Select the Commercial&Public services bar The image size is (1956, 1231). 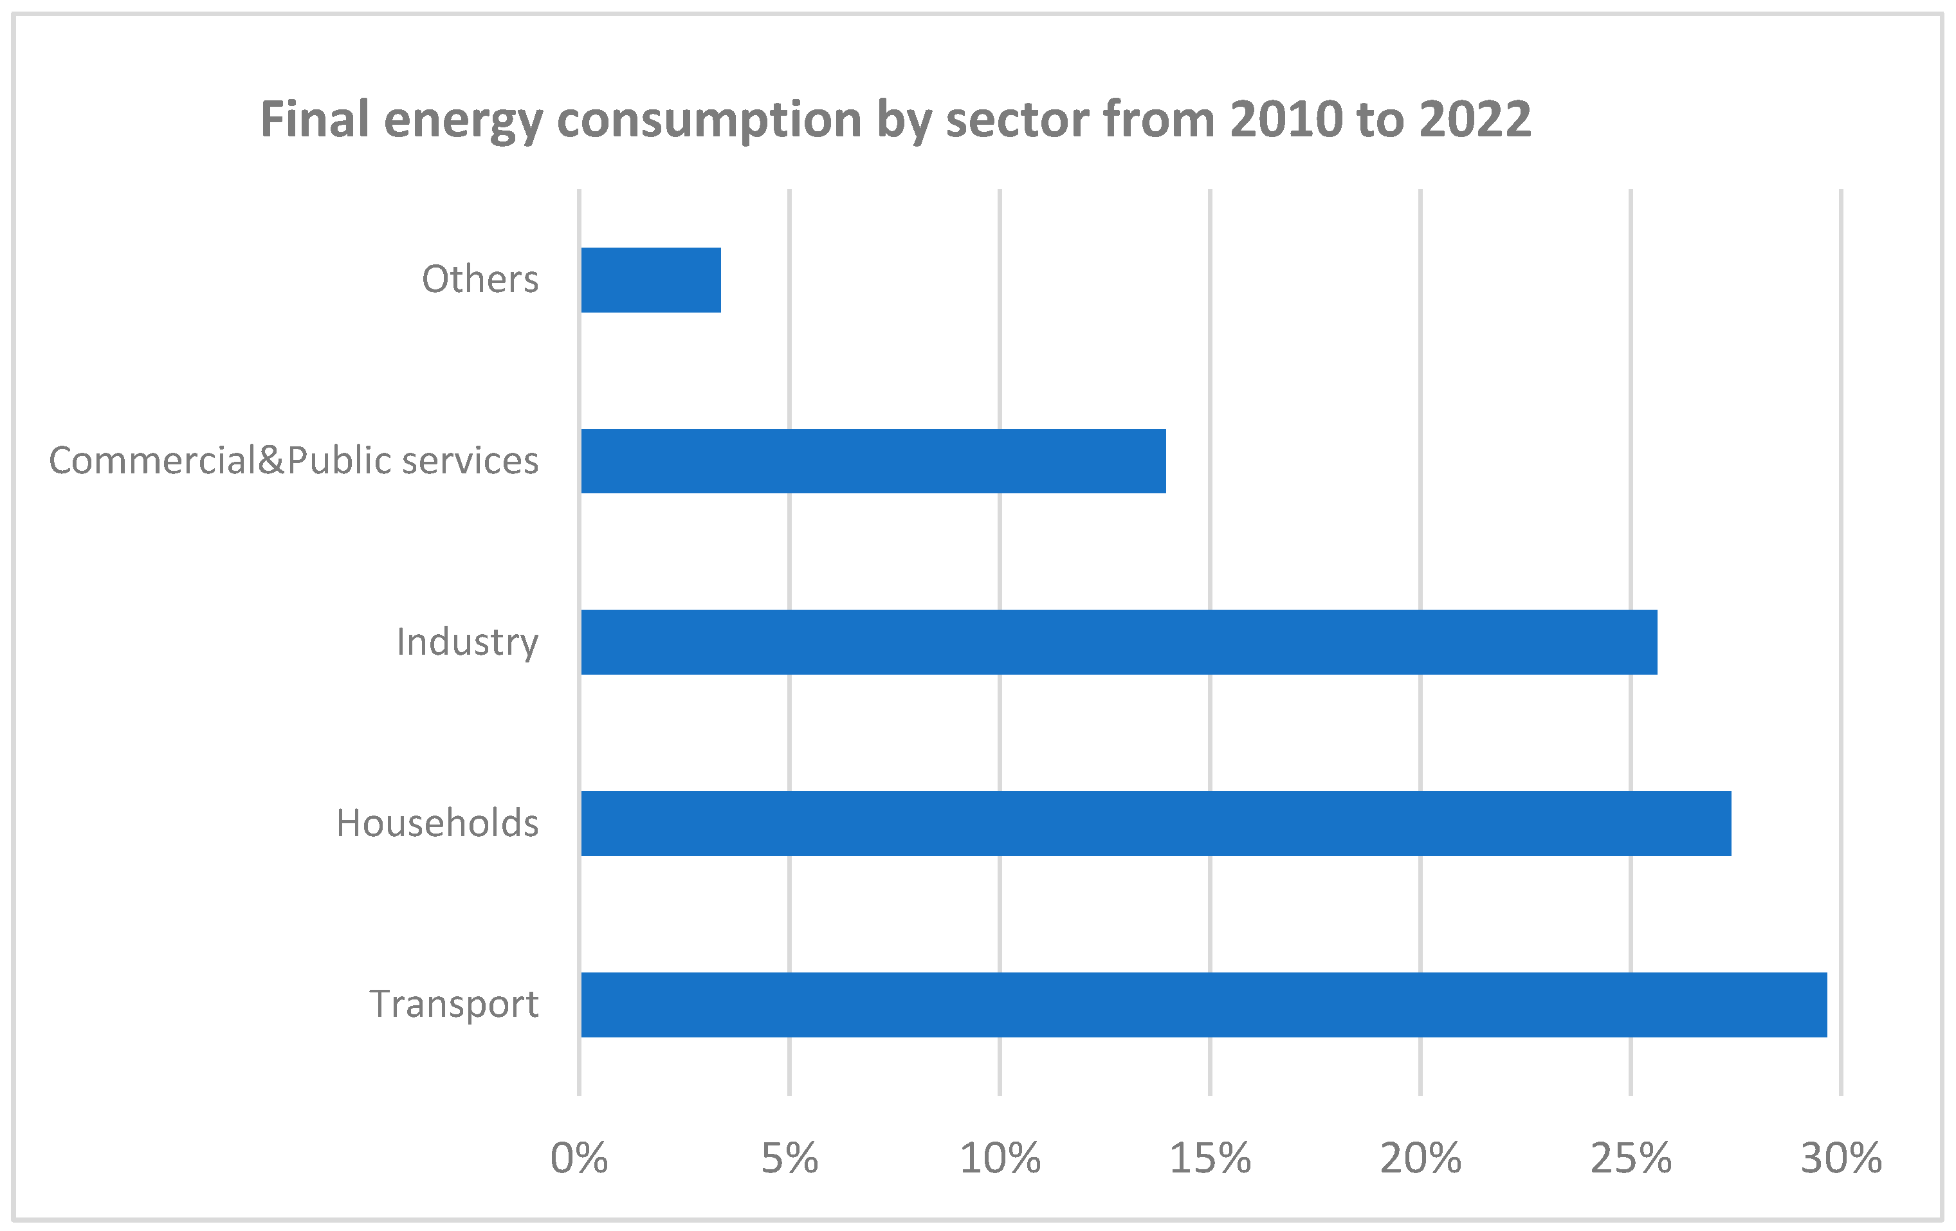pos(873,460)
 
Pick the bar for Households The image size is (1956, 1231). pos(1155,823)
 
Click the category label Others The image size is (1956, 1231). pos(479,279)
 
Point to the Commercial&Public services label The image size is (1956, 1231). pos(293,460)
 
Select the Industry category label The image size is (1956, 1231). pos(467,643)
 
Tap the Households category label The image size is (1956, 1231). pos(437,823)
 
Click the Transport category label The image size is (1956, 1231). pos(453,1005)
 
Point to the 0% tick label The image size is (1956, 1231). pos(578,1159)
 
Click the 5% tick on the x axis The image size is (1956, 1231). pos(789,1159)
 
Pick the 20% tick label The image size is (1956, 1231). pos(1420,1159)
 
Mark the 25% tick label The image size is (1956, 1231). pos(1631,1159)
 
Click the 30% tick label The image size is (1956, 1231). pos(1841,1159)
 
